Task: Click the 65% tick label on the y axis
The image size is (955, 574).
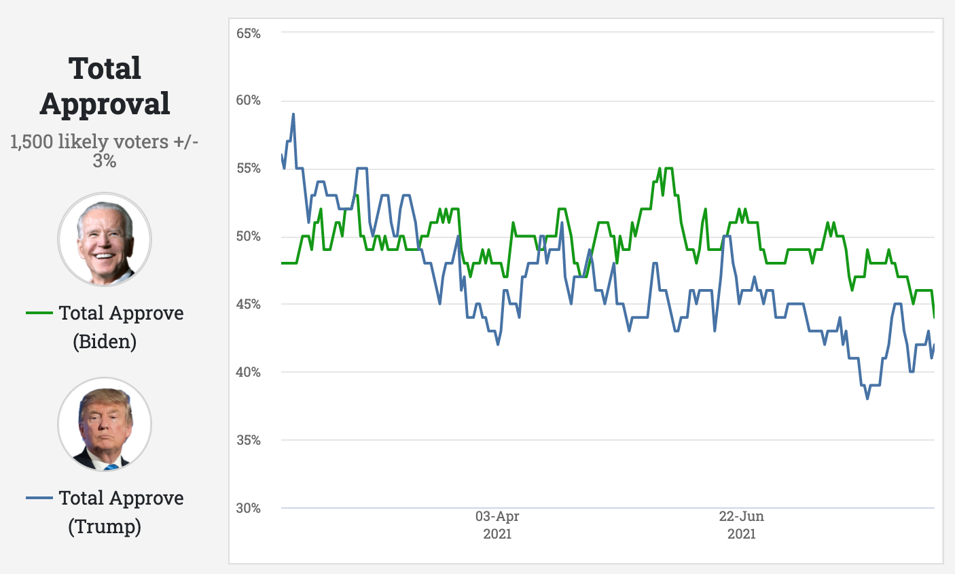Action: point(249,33)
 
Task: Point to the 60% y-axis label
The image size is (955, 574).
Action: point(249,101)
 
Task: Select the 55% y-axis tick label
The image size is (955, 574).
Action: point(249,169)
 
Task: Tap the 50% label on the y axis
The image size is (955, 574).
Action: point(249,237)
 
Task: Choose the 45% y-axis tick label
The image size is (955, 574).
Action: point(249,304)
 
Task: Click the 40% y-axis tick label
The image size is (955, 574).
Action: point(249,372)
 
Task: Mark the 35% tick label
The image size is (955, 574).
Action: point(249,440)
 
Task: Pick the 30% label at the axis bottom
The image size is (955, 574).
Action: point(249,508)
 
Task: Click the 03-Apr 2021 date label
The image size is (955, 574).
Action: point(497,525)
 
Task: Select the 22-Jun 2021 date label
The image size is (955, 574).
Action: point(742,525)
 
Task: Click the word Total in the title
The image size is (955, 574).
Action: point(105,69)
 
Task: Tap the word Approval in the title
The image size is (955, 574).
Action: point(105,104)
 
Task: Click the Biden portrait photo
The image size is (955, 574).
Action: point(105,239)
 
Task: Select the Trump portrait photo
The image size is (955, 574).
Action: point(105,425)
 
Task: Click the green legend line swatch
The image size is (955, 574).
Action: point(39,313)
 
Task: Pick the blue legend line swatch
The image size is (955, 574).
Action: point(39,498)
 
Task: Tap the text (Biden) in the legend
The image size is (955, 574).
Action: point(105,341)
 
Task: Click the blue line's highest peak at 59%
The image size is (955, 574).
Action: point(293,114)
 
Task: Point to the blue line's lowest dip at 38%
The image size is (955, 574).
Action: point(867,399)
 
